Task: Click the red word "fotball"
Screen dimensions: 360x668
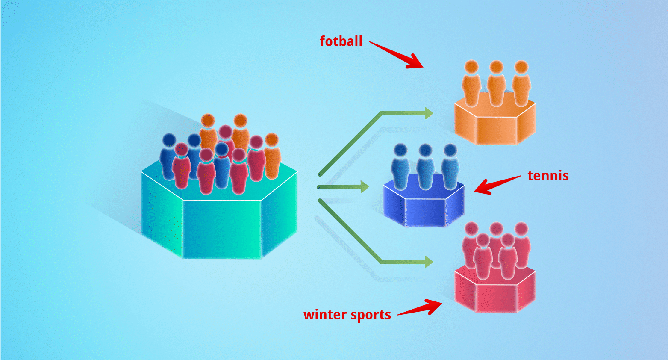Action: click(x=341, y=41)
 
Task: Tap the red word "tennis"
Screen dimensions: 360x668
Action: click(x=548, y=176)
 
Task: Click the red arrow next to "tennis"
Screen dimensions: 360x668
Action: click(x=496, y=184)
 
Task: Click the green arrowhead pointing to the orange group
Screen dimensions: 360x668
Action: click(x=429, y=113)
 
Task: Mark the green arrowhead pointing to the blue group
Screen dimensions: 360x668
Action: click(x=365, y=187)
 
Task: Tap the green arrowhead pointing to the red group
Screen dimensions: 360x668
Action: click(x=429, y=262)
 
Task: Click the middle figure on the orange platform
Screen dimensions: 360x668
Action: click(x=496, y=84)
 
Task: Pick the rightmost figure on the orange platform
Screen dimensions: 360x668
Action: click(x=521, y=84)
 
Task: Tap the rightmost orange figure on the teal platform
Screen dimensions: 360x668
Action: click(x=272, y=156)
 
